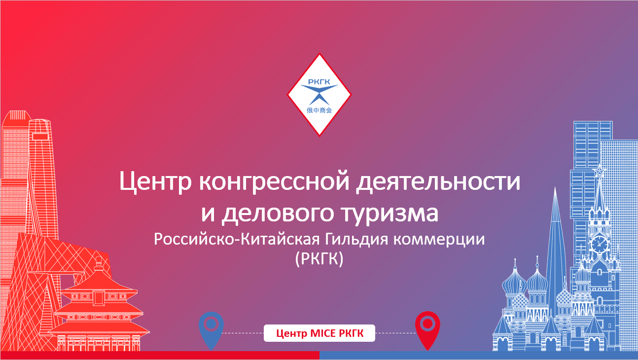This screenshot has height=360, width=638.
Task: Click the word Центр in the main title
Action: pyautogui.click(x=155, y=181)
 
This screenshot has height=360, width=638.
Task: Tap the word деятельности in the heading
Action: pyautogui.click(x=438, y=181)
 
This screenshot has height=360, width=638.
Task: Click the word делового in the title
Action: pyautogui.click(x=278, y=214)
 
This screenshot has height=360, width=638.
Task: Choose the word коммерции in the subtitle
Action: pyautogui.click(x=439, y=240)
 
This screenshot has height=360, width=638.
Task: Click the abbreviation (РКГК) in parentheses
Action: pyautogui.click(x=319, y=259)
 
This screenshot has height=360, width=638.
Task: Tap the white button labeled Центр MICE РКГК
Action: pyautogui.click(x=319, y=333)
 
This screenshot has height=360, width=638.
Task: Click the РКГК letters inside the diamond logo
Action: pyautogui.click(x=319, y=82)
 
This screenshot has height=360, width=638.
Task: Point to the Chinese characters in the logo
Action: pyautogui.click(x=319, y=110)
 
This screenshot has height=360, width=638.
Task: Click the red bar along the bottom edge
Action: pyautogui.click(x=160, y=355)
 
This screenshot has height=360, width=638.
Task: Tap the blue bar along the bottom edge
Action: pyautogui.click(x=479, y=355)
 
